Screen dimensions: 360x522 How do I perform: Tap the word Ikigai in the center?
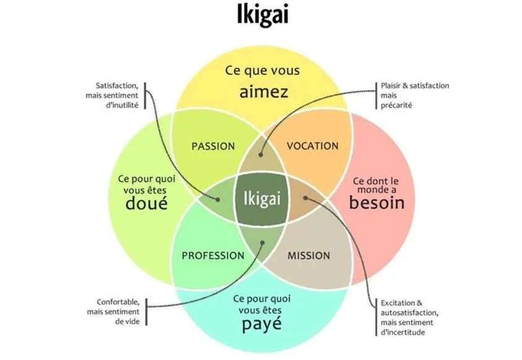(x=261, y=199)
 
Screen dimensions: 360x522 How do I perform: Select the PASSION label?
(x=213, y=146)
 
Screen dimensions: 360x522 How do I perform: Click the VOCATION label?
(x=313, y=146)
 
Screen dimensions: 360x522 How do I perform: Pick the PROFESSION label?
(x=213, y=255)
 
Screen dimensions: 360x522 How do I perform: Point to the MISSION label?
(x=309, y=255)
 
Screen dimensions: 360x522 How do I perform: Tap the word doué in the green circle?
(x=146, y=203)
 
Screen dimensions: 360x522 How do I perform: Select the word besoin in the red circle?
(x=376, y=203)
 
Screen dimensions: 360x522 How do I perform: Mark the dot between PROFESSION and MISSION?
(x=261, y=242)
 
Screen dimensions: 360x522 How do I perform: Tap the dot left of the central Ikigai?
(x=217, y=199)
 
